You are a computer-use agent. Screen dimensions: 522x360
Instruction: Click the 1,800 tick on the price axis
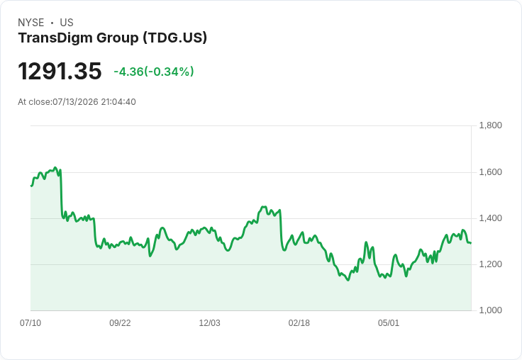point(490,125)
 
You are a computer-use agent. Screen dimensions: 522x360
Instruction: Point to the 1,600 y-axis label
point(490,172)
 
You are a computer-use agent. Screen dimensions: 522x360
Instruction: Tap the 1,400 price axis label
point(490,218)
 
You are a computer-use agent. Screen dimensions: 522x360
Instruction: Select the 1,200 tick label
point(490,264)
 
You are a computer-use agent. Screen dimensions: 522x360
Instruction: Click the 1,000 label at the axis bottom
point(490,310)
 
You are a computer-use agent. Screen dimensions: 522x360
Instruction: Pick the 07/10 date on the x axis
point(30,323)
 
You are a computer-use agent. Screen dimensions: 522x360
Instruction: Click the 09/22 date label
point(120,323)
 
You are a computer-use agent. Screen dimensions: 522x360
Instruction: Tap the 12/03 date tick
point(210,323)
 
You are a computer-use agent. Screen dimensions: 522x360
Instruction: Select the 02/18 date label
point(299,323)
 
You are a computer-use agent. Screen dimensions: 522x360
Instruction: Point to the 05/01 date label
point(389,323)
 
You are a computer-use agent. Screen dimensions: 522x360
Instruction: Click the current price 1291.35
point(60,71)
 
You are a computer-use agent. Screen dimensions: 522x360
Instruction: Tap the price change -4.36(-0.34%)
point(154,72)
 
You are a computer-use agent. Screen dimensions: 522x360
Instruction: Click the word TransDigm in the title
point(55,38)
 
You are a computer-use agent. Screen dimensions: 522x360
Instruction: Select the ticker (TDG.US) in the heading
point(175,38)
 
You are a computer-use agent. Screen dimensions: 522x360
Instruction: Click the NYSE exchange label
point(31,23)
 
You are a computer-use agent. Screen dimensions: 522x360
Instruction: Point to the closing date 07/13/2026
point(76,102)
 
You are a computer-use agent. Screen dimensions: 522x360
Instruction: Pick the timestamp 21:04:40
point(118,102)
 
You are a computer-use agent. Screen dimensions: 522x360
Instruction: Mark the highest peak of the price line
point(55,167)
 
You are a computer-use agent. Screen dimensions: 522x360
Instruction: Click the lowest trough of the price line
point(348,280)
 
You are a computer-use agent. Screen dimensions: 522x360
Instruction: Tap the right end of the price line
point(470,243)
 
